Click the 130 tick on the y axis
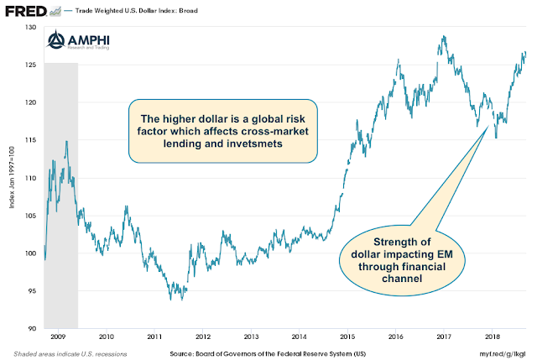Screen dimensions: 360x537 point(31,29)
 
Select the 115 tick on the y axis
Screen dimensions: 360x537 point(31,141)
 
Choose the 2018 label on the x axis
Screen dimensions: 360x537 point(493,337)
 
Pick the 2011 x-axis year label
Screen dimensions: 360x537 point(155,337)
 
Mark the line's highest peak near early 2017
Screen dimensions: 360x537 point(442,37)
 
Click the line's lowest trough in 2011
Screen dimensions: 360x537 point(171,299)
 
